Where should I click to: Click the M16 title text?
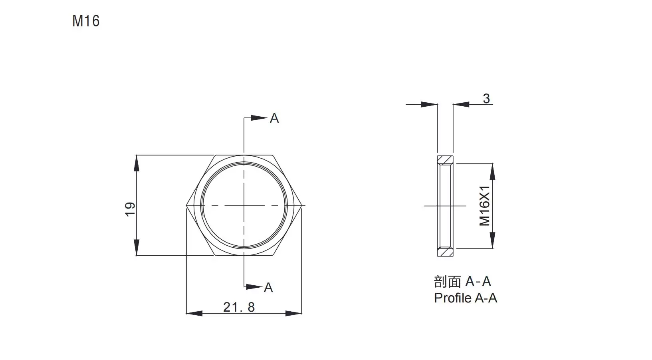(86, 21)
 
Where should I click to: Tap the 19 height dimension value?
(130, 209)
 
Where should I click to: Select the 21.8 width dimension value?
(239, 307)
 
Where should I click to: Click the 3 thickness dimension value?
(486, 98)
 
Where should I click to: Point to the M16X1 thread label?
(485, 206)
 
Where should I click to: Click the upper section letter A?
(274, 118)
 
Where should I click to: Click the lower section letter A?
(268, 288)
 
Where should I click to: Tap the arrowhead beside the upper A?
(259, 118)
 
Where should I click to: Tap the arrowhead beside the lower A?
(254, 287)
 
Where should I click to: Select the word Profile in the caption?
(453, 298)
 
